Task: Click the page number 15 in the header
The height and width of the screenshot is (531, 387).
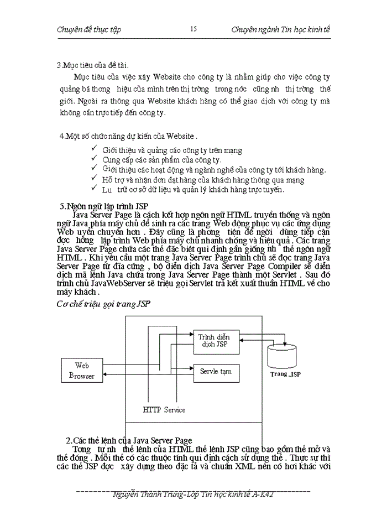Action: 193,29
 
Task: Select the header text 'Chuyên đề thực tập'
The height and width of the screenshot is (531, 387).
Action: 89,29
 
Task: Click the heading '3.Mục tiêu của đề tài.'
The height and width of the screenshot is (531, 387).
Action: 93,65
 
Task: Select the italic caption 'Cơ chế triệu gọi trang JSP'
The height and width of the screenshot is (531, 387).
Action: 104,304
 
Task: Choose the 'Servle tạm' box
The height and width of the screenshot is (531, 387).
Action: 216,372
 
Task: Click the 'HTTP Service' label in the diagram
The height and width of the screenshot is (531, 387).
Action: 164,410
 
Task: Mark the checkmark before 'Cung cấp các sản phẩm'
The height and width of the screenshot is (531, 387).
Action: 95,159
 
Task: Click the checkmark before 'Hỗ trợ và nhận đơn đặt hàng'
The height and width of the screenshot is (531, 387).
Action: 95,179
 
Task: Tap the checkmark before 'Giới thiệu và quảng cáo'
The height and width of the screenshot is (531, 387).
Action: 95,149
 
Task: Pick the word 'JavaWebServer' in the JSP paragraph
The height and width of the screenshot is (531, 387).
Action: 116,283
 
